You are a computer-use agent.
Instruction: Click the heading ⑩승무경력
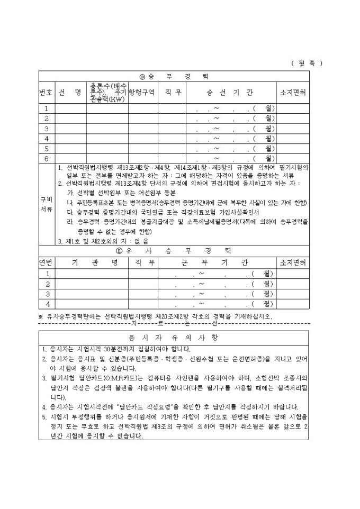coord(174,76)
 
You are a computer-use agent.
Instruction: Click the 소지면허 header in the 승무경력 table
coord(294,92)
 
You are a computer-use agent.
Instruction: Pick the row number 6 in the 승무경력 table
coord(46,158)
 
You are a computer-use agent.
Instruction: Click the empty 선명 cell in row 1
coord(70,108)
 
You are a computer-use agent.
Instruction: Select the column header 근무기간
coord(219,262)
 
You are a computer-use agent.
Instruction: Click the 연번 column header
coord(46,262)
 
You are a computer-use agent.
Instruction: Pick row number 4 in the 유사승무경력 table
coord(47,304)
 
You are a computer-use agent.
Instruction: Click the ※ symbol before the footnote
coord(41,316)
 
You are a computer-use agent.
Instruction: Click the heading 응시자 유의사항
coord(174,337)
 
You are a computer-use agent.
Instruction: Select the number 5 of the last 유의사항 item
coord(44,417)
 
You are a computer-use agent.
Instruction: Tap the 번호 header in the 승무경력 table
coord(46,92)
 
